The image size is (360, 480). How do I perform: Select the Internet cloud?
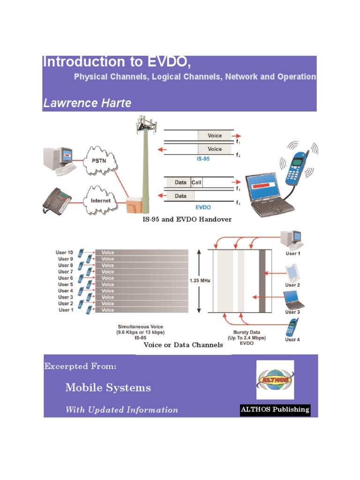[100, 201]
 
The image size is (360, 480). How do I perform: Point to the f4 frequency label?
[238, 203]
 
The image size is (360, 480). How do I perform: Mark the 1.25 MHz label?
[200, 281]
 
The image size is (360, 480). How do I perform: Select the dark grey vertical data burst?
[262, 281]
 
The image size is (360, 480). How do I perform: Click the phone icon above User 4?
[292, 326]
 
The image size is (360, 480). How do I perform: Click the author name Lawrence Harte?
[87, 103]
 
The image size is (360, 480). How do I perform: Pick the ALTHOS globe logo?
[275, 380]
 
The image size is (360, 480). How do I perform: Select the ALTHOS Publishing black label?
[275, 410]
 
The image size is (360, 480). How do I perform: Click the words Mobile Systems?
[108, 388]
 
